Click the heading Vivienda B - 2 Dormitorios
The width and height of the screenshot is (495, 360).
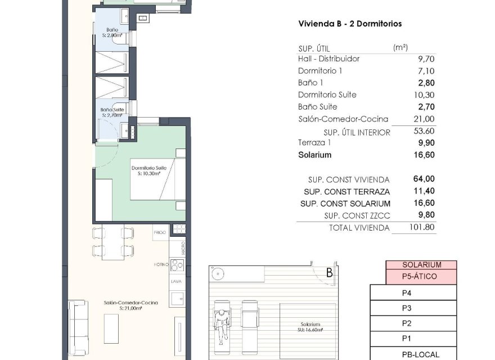point(349,24)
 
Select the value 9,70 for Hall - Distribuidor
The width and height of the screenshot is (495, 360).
point(424,58)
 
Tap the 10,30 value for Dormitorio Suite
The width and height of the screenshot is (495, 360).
point(422,94)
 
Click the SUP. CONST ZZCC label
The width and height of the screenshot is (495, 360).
point(357,215)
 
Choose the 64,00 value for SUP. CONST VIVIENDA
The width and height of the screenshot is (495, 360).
point(424,179)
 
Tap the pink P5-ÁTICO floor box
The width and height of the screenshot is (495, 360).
point(421,277)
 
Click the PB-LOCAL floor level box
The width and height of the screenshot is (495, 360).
point(421,354)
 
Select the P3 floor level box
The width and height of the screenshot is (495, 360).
point(407,308)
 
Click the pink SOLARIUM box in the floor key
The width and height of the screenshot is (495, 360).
point(421,265)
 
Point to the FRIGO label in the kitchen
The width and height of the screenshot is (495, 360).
point(160,232)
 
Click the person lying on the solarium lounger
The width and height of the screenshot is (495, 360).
point(223,322)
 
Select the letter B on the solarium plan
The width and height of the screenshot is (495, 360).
point(328,274)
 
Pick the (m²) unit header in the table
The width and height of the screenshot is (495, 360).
point(400,47)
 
